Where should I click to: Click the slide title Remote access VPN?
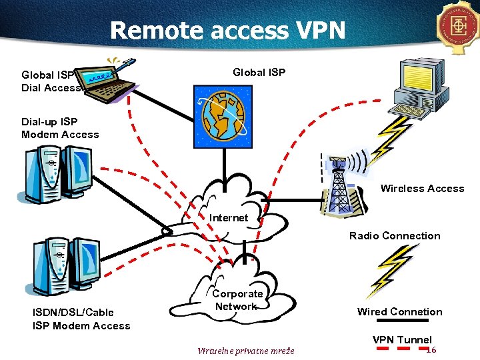pos(228,30)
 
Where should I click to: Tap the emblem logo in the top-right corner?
pos(459,27)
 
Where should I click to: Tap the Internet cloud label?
pos(229,218)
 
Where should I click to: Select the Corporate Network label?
pos(237,300)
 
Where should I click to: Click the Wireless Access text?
pos(422,189)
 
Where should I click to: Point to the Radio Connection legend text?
pos(395,235)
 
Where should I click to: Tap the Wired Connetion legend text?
pos(399,311)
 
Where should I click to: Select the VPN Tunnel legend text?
pos(402,339)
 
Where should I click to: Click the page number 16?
pos(431,350)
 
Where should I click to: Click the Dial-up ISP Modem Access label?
pos(60,128)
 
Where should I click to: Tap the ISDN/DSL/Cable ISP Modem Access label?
pos(81,319)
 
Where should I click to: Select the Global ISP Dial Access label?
pos(51,81)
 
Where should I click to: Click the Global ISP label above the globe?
pos(259,72)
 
